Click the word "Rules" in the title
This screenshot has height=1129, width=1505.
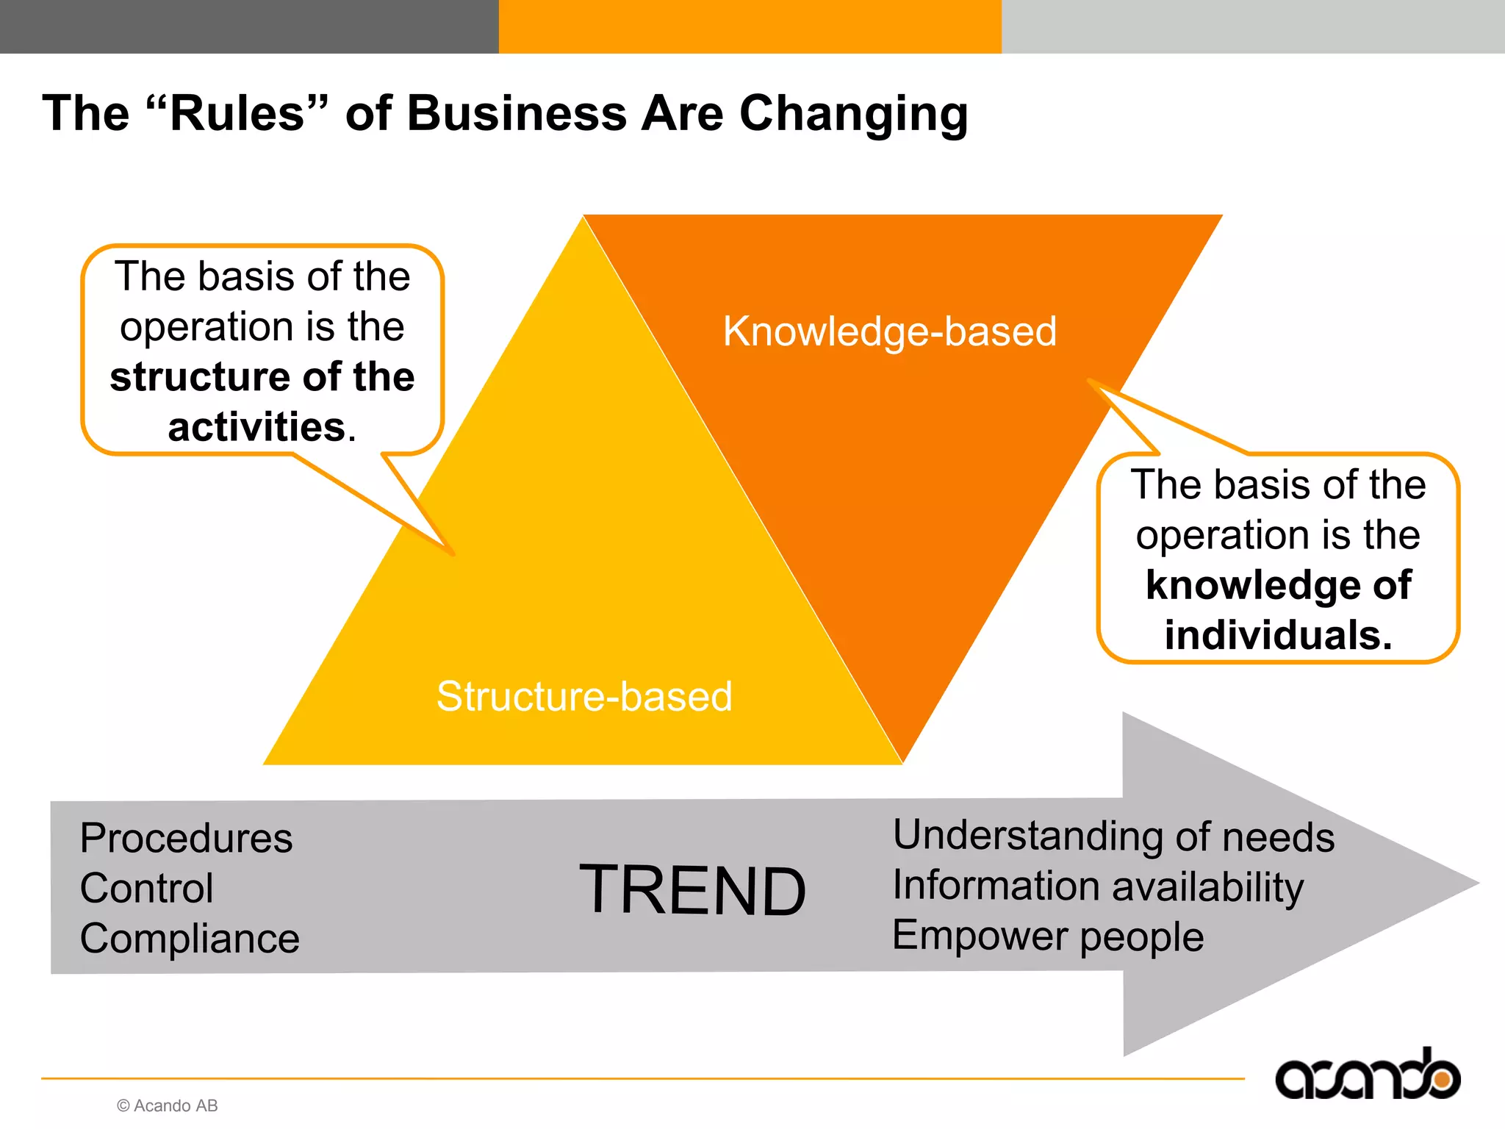click(237, 114)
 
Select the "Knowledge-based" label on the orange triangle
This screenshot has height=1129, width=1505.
click(889, 331)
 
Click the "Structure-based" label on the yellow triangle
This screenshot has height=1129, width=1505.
click(584, 696)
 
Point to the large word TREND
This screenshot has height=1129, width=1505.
click(692, 890)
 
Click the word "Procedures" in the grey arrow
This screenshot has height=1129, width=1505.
click(186, 838)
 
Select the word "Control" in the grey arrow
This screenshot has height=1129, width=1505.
click(146, 888)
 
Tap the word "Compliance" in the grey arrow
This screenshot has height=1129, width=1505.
click(190, 939)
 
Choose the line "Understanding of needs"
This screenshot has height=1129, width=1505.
click(1113, 836)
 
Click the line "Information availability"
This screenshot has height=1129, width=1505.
click(1098, 886)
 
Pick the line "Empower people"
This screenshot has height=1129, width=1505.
click(1048, 936)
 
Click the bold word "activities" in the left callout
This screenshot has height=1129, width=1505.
click(256, 427)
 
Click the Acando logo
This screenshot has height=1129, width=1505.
click(1367, 1076)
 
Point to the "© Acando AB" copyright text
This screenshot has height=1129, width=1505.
click(168, 1105)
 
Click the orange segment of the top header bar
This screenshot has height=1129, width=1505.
click(750, 26)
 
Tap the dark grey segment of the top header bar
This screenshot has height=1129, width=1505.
click(249, 26)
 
